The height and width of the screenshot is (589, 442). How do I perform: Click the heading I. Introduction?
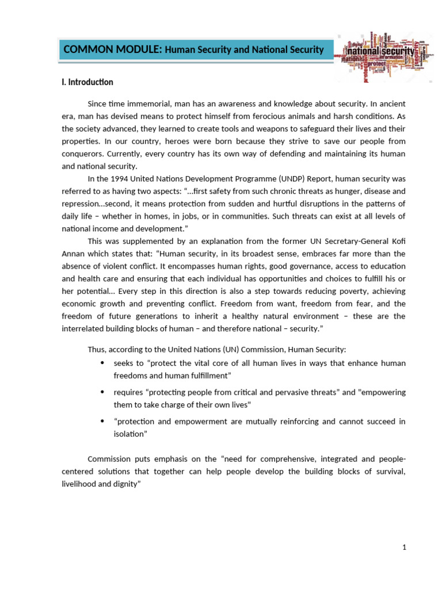[90, 82]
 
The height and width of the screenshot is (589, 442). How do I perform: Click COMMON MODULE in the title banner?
[113, 50]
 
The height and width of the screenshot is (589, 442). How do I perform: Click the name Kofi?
[397, 240]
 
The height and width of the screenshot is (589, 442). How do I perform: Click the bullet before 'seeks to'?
[102, 363]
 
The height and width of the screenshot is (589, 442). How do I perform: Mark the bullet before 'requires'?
[102, 392]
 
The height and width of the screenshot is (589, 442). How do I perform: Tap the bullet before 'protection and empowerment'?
[102, 421]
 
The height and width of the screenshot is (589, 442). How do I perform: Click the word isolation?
[130, 433]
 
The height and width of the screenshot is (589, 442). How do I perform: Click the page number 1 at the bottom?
[405, 548]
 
